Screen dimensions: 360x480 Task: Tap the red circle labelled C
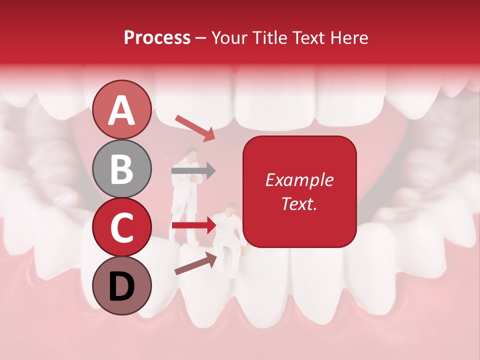[121, 227]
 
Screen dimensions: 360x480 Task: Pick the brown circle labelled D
[121, 285]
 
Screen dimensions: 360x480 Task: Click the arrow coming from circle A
[195, 127]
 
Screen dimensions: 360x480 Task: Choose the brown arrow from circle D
[195, 263]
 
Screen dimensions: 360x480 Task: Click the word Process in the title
[157, 38]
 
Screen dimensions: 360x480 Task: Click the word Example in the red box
[299, 180]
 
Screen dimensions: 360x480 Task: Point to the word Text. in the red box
[299, 203]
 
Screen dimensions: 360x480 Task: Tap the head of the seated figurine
[231, 207]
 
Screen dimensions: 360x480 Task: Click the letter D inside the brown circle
[121, 286]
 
